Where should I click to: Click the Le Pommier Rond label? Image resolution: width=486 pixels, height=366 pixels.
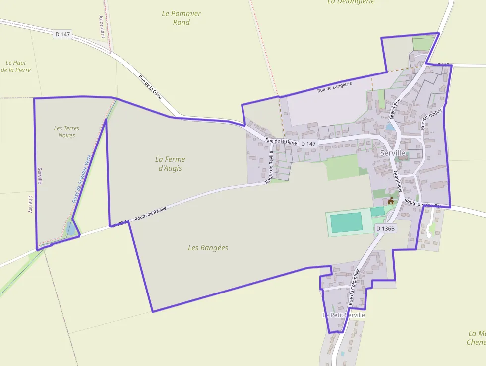pos(182,18)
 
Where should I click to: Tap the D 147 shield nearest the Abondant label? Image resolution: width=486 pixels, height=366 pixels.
pos(63,34)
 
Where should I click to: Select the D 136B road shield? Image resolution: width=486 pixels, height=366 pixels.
pos(385,228)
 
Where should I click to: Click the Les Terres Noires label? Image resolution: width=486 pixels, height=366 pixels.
pos(66,132)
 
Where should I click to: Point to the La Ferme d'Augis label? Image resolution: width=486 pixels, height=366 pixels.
pos(170,163)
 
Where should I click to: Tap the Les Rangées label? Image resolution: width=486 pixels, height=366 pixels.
pos(208,247)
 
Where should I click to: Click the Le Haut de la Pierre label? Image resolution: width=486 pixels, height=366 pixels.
pos(16,66)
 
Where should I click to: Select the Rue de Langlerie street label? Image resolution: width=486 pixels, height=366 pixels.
pos(334,87)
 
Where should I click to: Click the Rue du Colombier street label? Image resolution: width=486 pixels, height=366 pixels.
pos(354,287)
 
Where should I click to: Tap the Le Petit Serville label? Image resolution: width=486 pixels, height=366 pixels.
pos(344,315)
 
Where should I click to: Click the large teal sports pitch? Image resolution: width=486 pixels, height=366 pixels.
pos(347,222)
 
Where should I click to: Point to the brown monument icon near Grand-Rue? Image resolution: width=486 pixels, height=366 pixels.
pos(391,201)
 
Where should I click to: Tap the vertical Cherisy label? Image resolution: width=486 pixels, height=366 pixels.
pos(30,204)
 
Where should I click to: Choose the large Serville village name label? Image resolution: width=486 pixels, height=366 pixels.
pos(393,153)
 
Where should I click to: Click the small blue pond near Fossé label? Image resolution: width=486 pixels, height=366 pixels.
pos(71,229)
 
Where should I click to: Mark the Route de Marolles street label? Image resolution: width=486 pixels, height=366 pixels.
pos(423,203)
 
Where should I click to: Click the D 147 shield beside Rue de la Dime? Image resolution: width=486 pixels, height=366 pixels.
pos(308,144)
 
